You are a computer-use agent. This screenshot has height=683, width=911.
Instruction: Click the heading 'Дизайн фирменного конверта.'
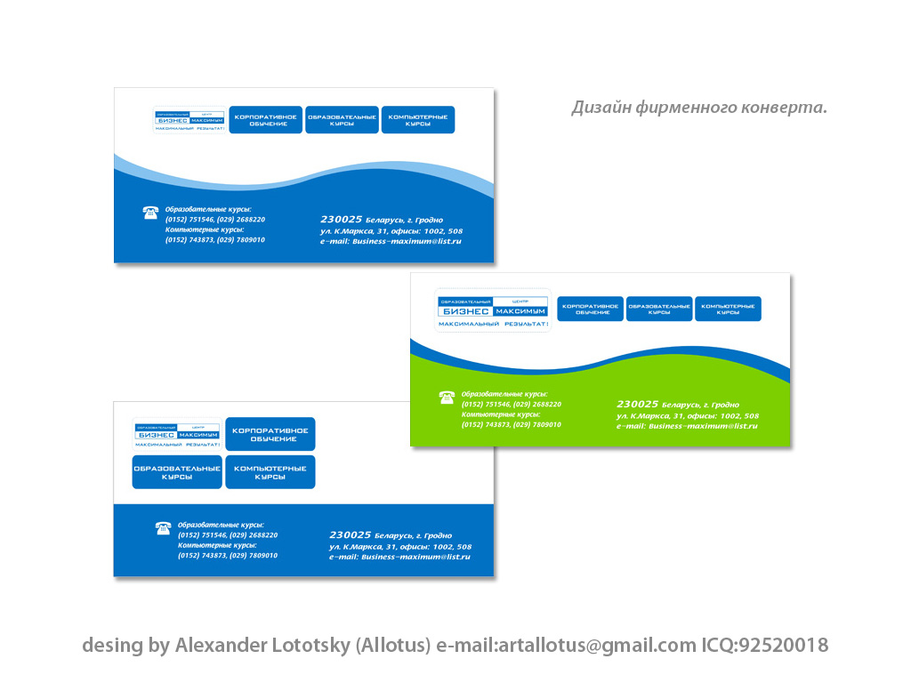point(698,108)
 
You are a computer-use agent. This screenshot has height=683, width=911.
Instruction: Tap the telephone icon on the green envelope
point(447,398)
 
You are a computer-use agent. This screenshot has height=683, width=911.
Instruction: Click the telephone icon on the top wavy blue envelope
point(150,213)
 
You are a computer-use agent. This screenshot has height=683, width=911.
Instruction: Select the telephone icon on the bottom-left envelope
point(163,528)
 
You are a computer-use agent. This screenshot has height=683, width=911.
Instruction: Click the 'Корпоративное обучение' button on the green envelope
point(590,309)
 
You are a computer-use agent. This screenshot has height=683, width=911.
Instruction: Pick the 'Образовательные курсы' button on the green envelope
point(659,309)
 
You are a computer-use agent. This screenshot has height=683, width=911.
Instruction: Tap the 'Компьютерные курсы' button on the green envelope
point(728,309)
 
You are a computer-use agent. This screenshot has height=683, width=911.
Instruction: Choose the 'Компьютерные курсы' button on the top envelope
point(418,120)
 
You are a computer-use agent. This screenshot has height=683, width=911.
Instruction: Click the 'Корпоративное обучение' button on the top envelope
point(265,120)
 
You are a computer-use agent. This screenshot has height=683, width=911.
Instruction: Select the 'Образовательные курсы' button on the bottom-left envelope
point(177,472)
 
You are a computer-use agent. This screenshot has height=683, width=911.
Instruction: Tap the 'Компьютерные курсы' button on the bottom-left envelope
point(270,472)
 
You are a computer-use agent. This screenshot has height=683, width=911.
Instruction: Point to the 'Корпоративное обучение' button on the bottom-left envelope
point(270,434)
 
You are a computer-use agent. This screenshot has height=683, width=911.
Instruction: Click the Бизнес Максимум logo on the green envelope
point(493,310)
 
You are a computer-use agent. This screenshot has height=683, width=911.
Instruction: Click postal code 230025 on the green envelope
point(637,404)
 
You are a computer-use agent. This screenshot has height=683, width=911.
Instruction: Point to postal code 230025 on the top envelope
point(341,219)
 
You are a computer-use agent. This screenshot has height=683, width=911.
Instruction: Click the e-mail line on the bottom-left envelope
point(399,557)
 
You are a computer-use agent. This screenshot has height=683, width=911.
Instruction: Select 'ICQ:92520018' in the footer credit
point(764,646)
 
